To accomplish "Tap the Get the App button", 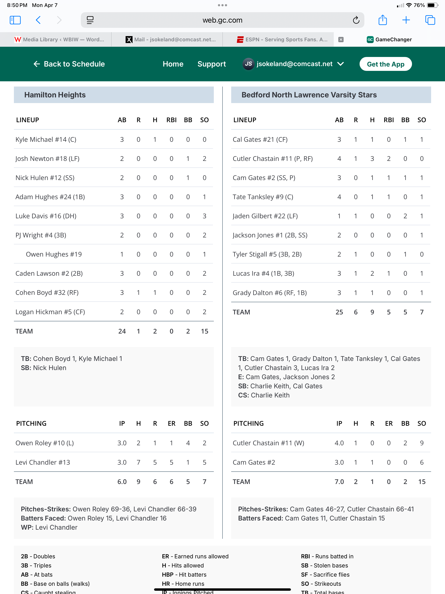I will pyautogui.click(x=385, y=64).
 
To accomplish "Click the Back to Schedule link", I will pyautogui.click(x=69, y=64).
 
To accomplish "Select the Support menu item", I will pyautogui.click(x=211, y=64).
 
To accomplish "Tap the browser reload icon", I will pyautogui.click(x=356, y=20).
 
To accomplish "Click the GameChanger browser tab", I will pyautogui.click(x=389, y=40).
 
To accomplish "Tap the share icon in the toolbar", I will pyautogui.click(x=382, y=20).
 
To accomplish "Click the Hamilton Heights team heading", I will pyautogui.click(x=55, y=95).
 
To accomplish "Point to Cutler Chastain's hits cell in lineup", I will pyautogui.click(x=372, y=159).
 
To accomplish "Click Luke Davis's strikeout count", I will pyautogui.click(x=204, y=216).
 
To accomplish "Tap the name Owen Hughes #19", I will pyautogui.click(x=54, y=254).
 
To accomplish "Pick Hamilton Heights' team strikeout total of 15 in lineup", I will pyautogui.click(x=204, y=331).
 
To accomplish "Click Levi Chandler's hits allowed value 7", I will pyautogui.click(x=138, y=462).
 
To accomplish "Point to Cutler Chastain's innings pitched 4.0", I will pyautogui.click(x=339, y=443).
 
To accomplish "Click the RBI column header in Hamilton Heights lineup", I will pyautogui.click(x=171, y=120).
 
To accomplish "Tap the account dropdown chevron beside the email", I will pyautogui.click(x=340, y=64).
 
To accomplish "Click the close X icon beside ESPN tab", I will pyautogui.click(x=341, y=40).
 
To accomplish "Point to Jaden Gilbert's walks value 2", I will pyautogui.click(x=405, y=216).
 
